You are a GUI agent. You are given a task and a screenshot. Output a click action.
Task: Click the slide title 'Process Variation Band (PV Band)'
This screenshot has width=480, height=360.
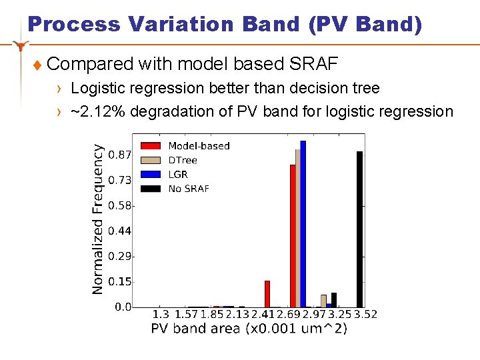tap(225, 25)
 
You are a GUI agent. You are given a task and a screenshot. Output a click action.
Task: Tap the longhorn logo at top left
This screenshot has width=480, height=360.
tap(23, 45)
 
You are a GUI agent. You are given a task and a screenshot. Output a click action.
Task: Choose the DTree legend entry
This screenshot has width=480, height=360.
tap(183, 160)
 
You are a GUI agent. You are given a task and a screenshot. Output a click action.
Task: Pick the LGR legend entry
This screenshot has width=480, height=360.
tap(178, 174)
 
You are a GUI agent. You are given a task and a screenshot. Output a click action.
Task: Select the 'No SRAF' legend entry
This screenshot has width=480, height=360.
tap(189, 189)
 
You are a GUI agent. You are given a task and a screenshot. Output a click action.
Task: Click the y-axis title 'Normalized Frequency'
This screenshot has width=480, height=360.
tap(98, 219)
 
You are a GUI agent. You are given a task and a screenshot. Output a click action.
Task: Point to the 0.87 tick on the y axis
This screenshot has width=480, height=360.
tap(120, 155)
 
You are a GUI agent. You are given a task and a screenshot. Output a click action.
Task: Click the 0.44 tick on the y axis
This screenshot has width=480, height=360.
tap(120, 231)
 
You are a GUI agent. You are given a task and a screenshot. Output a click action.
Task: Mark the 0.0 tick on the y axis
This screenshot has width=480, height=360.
tap(123, 307)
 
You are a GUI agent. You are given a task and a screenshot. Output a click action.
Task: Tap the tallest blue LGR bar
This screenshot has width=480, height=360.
tap(303, 224)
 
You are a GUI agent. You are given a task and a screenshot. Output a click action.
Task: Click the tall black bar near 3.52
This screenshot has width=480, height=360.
tap(359, 229)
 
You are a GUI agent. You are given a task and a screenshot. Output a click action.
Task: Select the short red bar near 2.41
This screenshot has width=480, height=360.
tap(267, 294)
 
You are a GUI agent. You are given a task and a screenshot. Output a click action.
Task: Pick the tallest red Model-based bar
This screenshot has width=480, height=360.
tap(292, 236)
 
